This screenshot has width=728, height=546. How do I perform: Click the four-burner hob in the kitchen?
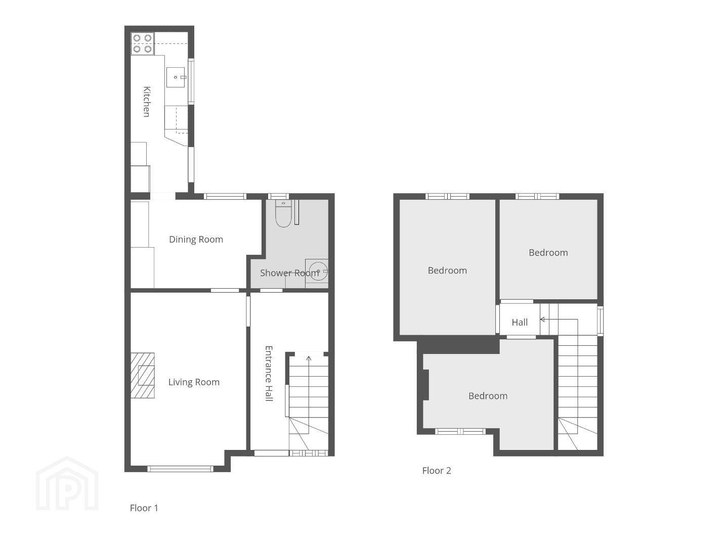(x=143, y=43)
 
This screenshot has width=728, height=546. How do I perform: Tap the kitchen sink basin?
(x=176, y=77)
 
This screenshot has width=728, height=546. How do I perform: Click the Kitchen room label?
(x=147, y=102)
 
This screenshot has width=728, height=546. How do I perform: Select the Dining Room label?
(x=196, y=240)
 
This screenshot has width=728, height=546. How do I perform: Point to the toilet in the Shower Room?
(x=283, y=214)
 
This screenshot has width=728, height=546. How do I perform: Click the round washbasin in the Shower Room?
(x=318, y=271)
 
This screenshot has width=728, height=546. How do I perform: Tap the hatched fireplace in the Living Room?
(x=143, y=375)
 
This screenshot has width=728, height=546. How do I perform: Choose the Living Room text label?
(x=194, y=382)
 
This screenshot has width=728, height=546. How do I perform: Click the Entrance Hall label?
(x=269, y=374)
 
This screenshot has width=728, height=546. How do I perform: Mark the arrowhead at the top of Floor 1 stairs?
(x=309, y=358)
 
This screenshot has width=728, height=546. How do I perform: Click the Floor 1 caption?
(x=144, y=508)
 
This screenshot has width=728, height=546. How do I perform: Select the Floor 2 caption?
(x=437, y=471)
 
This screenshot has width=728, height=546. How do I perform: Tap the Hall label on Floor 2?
(x=520, y=323)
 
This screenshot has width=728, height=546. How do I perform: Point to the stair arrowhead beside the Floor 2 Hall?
(x=542, y=320)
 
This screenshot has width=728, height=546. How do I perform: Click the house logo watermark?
(x=67, y=483)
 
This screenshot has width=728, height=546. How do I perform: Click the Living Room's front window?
(x=181, y=469)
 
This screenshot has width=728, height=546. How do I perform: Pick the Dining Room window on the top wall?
(x=225, y=196)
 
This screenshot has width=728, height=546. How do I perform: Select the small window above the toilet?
(x=278, y=196)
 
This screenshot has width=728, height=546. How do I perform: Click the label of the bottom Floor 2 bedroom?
(x=488, y=396)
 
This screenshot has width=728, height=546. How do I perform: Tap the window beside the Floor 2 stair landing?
(x=600, y=321)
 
